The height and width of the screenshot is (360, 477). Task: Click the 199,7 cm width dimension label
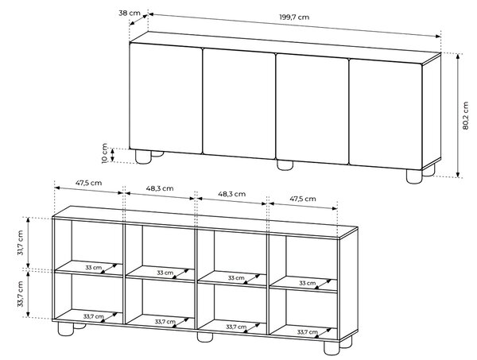click(294, 17)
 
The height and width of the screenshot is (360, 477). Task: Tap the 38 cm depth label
click(130, 13)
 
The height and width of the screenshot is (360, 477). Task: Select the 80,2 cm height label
click(465, 116)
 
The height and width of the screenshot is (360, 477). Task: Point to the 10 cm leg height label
click(105, 153)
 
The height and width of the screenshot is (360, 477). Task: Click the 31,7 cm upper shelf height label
click(20, 242)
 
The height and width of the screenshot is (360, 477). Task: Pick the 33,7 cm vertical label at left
click(20, 294)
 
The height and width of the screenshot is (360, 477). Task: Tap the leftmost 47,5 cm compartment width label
click(88, 183)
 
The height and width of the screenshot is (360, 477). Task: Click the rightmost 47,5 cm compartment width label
click(303, 199)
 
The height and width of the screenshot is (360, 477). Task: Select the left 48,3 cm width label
click(160, 188)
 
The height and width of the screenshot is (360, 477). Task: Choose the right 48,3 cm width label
click(232, 194)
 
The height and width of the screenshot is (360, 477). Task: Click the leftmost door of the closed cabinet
click(166, 98)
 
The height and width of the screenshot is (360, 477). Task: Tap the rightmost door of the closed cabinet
click(386, 114)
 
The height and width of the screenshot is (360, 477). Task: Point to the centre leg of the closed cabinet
click(285, 165)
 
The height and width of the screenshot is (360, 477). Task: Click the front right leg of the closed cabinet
click(414, 176)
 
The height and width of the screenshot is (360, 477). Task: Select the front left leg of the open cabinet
click(66, 329)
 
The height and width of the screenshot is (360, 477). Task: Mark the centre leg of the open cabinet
click(205, 337)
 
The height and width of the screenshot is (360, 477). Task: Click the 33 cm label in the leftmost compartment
click(93, 268)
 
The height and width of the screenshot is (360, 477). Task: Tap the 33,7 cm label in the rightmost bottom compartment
click(308, 332)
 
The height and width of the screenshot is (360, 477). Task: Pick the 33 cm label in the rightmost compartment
click(307, 283)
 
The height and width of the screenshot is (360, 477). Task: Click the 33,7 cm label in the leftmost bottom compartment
click(94, 316)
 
